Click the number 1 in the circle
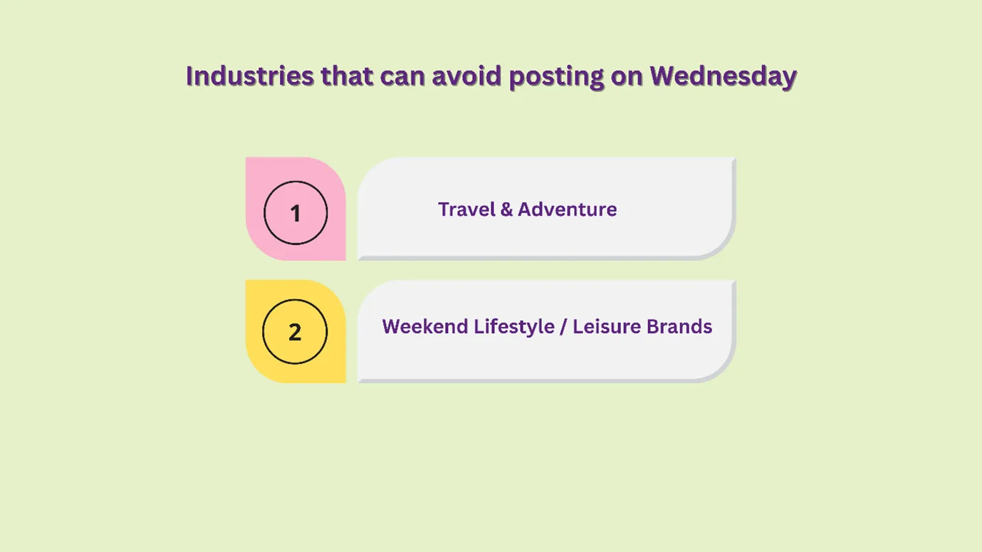point(296,213)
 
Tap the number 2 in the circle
point(295,332)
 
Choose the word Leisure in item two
point(605,326)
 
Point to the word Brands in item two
point(679,326)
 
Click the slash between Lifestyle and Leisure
point(563,327)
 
